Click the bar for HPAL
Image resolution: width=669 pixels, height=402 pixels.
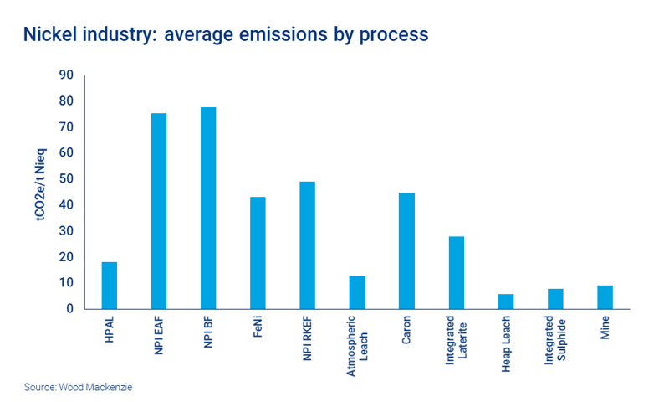(x=109, y=286)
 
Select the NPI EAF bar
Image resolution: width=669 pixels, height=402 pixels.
(x=158, y=211)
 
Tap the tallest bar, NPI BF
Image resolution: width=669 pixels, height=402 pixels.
(x=208, y=208)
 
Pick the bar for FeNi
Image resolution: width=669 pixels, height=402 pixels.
(x=258, y=253)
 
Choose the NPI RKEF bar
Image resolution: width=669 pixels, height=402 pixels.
(x=307, y=245)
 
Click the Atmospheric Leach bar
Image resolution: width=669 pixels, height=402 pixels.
(x=357, y=292)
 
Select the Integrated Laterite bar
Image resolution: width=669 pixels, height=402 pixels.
(x=456, y=273)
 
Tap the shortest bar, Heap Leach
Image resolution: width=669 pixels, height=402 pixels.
(x=506, y=301)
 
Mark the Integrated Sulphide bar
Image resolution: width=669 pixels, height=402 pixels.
(x=555, y=299)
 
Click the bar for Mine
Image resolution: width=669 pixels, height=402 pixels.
(x=605, y=297)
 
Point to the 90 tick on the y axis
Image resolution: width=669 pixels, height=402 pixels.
(x=66, y=75)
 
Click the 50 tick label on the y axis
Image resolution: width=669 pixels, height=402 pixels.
(x=66, y=179)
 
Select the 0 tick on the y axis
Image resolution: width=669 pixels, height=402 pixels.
(x=70, y=309)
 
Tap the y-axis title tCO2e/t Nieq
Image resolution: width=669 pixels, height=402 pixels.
(x=41, y=191)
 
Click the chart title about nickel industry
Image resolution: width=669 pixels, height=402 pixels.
(x=226, y=34)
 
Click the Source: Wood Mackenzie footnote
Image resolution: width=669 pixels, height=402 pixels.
(x=78, y=387)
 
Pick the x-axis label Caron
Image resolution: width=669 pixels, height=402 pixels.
(x=406, y=331)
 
